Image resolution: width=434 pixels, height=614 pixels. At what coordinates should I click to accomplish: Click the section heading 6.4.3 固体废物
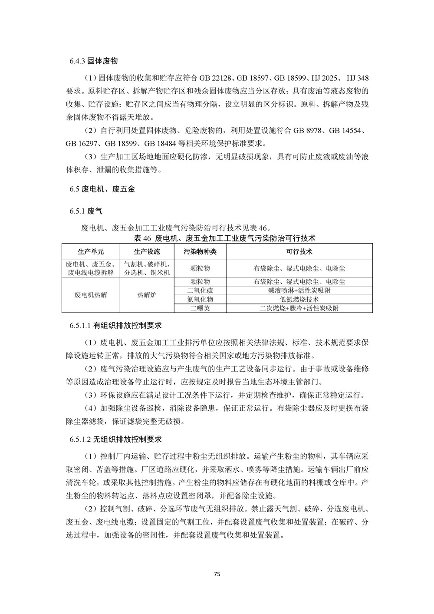[93, 61]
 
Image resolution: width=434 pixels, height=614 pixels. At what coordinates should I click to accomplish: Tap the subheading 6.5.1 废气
[85, 211]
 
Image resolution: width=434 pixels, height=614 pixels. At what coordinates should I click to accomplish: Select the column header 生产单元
[91, 252]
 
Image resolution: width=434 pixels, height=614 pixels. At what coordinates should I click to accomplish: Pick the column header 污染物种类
[200, 252]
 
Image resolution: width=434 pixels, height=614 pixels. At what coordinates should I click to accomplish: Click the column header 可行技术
[299, 252]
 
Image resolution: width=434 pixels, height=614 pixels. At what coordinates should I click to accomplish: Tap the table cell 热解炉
[147, 295]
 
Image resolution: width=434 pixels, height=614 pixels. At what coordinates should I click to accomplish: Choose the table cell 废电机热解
[91, 295]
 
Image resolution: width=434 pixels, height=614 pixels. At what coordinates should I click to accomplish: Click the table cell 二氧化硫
[200, 290]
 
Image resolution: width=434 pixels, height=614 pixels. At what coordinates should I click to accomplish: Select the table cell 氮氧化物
[200, 299]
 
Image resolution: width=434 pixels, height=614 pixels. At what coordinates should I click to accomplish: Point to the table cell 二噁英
[200, 308]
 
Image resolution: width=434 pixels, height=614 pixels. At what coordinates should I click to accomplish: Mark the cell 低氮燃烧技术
[299, 299]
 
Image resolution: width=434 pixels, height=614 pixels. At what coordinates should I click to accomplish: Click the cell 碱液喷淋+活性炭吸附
[299, 290]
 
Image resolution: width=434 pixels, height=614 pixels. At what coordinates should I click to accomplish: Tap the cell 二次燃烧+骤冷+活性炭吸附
[299, 308]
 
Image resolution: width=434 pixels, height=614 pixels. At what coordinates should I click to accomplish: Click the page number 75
[217, 574]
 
